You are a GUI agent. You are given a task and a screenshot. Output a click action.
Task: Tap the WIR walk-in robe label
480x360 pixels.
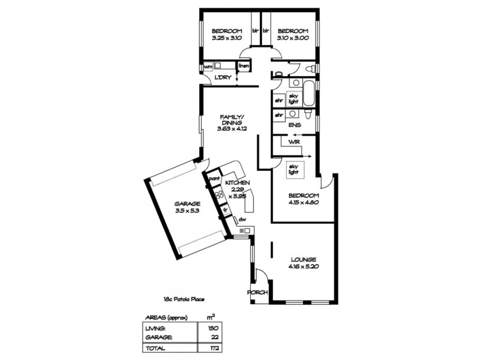pos(294,142)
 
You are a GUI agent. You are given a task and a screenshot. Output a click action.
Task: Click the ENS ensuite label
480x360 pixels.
pos(294,125)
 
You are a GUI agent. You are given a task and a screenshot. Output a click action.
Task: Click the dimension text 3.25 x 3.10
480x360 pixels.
pos(226,38)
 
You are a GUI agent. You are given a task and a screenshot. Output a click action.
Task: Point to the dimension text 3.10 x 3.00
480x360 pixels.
pos(292,38)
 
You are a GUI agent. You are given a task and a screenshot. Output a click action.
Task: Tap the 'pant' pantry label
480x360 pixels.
pos(214,178)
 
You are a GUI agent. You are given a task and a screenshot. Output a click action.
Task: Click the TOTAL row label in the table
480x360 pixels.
pos(155,348)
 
